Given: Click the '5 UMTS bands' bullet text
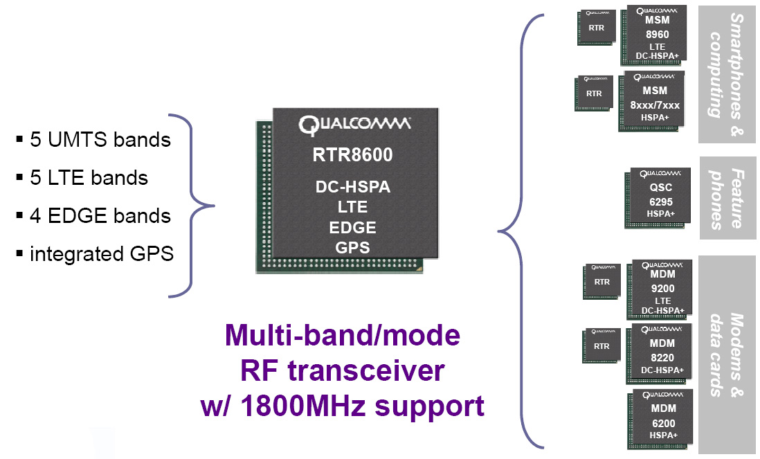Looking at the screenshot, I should (100, 140).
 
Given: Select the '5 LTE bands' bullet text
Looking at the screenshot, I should (89, 178).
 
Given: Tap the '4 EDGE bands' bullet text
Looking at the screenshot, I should (100, 216).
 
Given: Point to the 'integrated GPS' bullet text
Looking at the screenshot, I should (101, 254).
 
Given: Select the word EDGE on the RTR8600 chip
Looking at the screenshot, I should (352, 227).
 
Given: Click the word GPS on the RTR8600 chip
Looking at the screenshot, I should (352, 247).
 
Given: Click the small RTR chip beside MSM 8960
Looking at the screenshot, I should (597, 28).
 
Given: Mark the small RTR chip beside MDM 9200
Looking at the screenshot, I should (601, 281).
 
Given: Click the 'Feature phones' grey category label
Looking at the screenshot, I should (727, 198).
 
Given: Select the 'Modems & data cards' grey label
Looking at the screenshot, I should (727, 354).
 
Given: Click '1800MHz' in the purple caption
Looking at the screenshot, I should (310, 406).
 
